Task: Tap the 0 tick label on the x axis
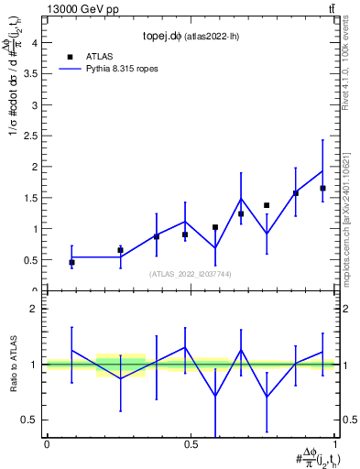click(x=47, y=445)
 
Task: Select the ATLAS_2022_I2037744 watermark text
click(x=191, y=274)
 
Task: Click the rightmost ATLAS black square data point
click(x=322, y=189)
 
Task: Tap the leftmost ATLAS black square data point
click(x=71, y=263)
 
